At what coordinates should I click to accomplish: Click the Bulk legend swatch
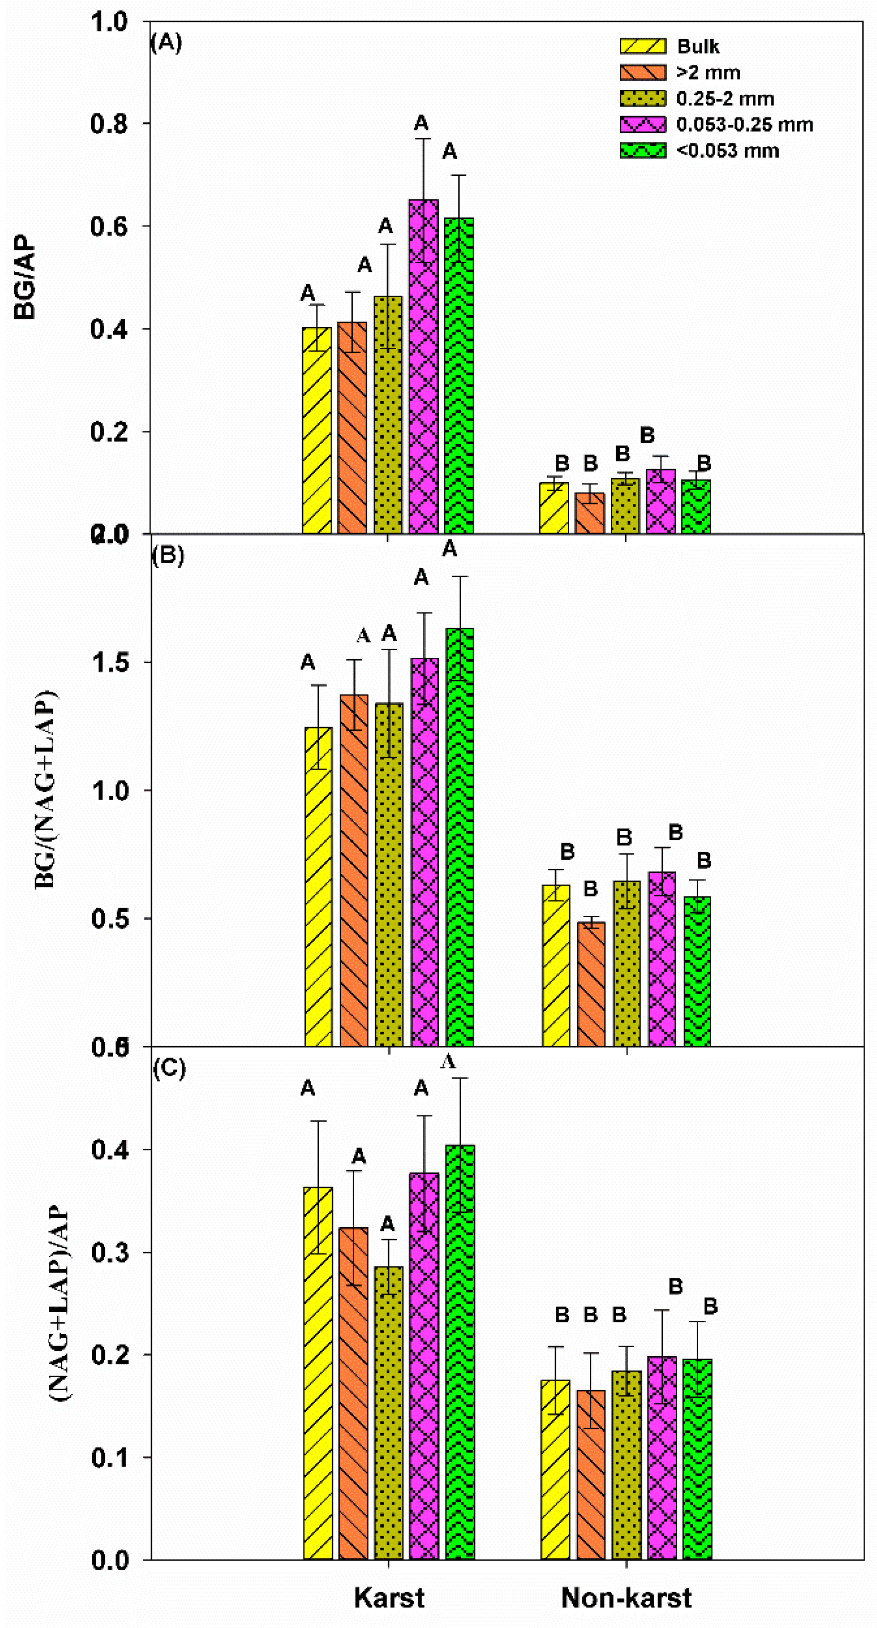coord(642,46)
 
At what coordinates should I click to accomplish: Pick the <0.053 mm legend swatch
coord(642,150)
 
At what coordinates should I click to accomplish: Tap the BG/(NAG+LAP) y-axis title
coord(45,790)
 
